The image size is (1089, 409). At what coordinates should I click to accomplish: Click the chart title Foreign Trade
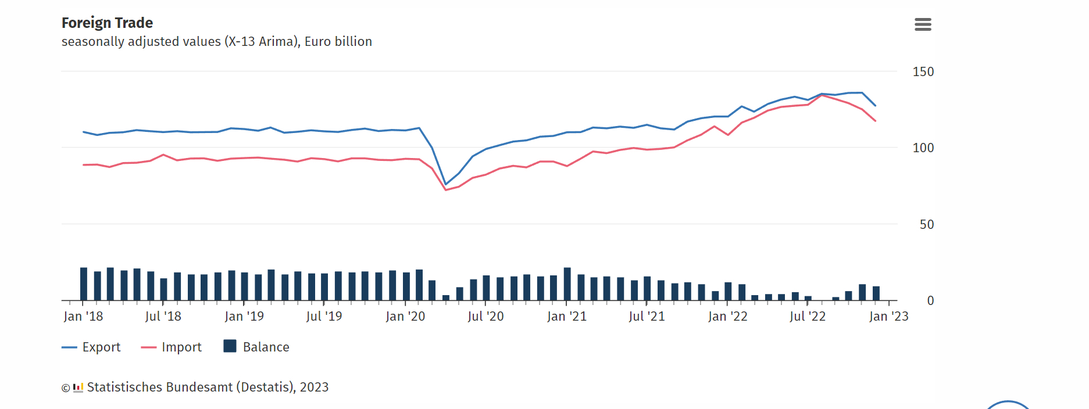tap(107, 23)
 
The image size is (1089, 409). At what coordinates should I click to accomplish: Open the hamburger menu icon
tap(923, 24)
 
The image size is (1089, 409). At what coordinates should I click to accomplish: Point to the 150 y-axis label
tap(923, 72)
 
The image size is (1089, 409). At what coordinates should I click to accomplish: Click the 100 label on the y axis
tap(923, 148)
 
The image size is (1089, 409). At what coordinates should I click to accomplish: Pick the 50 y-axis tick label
tap(927, 225)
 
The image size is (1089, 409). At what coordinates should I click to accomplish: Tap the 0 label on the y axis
tap(930, 301)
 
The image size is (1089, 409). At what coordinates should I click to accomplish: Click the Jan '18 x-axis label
tap(83, 317)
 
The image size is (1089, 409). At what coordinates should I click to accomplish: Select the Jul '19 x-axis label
tap(324, 317)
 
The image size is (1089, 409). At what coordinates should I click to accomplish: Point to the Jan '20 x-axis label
tap(405, 317)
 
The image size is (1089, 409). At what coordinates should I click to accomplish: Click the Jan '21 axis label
tap(567, 317)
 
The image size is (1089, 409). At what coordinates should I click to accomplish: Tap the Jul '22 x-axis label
tap(808, 317)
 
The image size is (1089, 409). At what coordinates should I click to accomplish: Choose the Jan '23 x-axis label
tap(888, 317)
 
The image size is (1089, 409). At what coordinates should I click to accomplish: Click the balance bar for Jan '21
tap(567, 285)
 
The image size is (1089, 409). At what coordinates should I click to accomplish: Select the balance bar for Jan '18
tap(84, 285)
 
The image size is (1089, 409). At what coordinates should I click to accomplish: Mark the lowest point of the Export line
tap(446, 184)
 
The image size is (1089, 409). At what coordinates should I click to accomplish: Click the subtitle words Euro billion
tap(338, 42)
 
